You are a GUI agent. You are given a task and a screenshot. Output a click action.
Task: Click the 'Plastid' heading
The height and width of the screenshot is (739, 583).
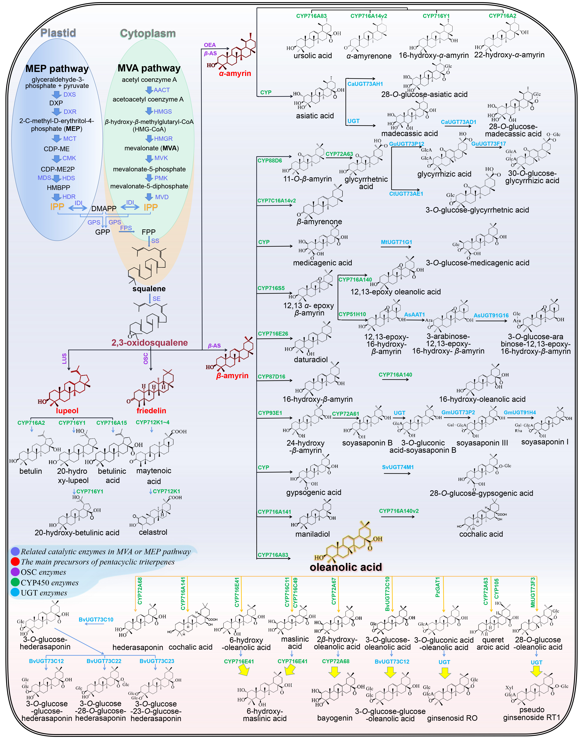[x=58, y=33]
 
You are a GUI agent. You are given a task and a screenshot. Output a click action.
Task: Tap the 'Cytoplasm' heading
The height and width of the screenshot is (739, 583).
[x=148, y=34]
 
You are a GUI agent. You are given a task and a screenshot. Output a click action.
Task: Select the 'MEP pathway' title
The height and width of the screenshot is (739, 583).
[x=57, y=69]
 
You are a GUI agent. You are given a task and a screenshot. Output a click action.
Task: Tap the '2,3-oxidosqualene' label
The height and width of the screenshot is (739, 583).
[x=150, y=343]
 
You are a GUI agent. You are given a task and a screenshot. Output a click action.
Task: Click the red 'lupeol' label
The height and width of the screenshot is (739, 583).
[x=67, y=411]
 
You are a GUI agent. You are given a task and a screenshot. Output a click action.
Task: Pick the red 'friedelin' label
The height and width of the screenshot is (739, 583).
[x=151, y=411]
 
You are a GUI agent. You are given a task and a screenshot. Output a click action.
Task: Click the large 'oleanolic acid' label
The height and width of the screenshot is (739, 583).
[x=346, y=567]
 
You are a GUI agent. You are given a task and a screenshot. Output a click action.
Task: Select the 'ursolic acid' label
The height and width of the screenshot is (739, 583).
[x=313, y=56]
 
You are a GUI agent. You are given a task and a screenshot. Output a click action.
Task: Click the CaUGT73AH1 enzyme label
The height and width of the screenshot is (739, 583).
[x=365, y=84]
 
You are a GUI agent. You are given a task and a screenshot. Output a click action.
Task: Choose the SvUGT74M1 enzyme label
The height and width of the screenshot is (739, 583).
[x=398, y=467]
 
